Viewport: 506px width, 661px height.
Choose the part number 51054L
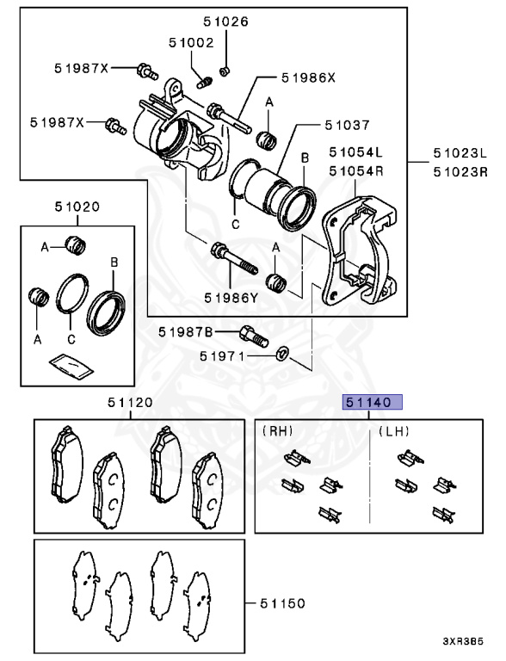355,152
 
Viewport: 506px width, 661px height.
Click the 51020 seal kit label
77,207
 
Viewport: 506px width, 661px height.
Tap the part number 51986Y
231,298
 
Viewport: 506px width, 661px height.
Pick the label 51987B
188,332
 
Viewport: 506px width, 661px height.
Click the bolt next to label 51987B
250,332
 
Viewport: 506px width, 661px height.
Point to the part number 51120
130,402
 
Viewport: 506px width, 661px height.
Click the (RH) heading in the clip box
276,431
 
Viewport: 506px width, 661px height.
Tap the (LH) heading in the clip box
393,431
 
